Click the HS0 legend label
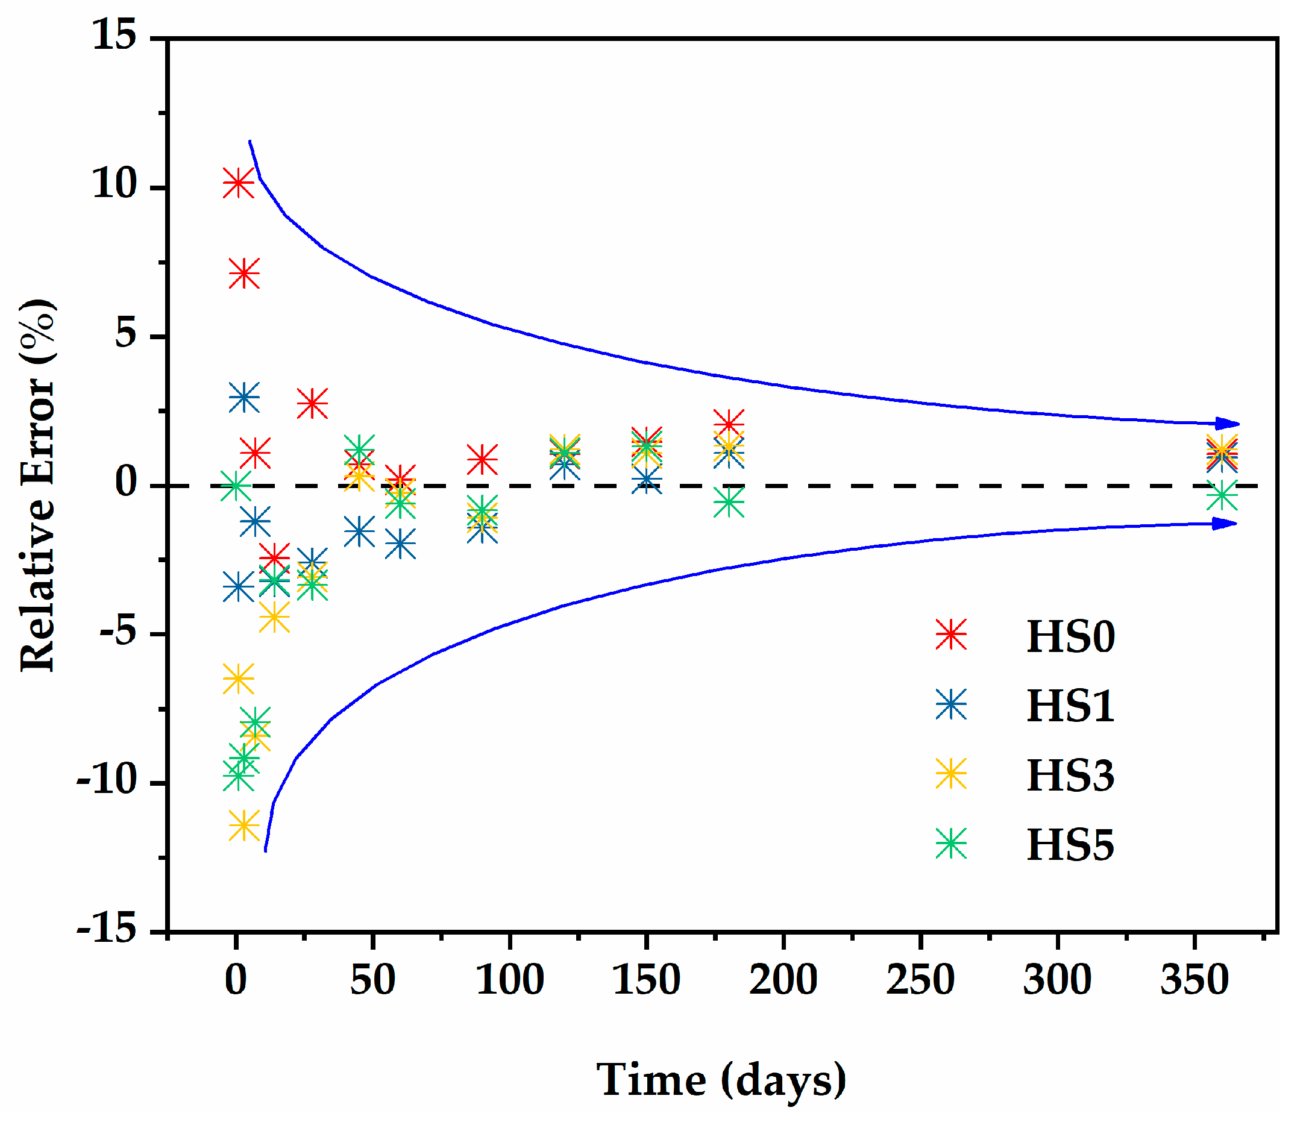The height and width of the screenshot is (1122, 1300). tap(1070, 637)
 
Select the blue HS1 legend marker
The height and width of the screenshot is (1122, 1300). tap(951, 704)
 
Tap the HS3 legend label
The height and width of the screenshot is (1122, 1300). tap(1070, 775)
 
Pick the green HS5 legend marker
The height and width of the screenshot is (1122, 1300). tap(951, 843)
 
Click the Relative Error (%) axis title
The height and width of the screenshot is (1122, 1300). tap(37, 486)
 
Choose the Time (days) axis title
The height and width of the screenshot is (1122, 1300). tap(721, 1080)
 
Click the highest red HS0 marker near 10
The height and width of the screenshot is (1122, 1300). tap(239, 183)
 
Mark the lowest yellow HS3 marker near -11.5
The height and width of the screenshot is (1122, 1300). tap(244, 826)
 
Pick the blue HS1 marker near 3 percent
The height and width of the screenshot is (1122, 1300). tap(244, 397)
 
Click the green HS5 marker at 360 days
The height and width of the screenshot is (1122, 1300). tap(1222, 495)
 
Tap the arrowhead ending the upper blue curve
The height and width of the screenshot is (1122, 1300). tap(1227, 424)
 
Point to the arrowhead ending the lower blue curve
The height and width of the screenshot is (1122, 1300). tap(1224, 524)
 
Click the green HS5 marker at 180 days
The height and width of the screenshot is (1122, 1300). tap(729, 502)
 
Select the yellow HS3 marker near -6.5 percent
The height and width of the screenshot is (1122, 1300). tap(239, 678)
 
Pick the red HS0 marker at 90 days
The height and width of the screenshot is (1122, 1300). tap(482, 459)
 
